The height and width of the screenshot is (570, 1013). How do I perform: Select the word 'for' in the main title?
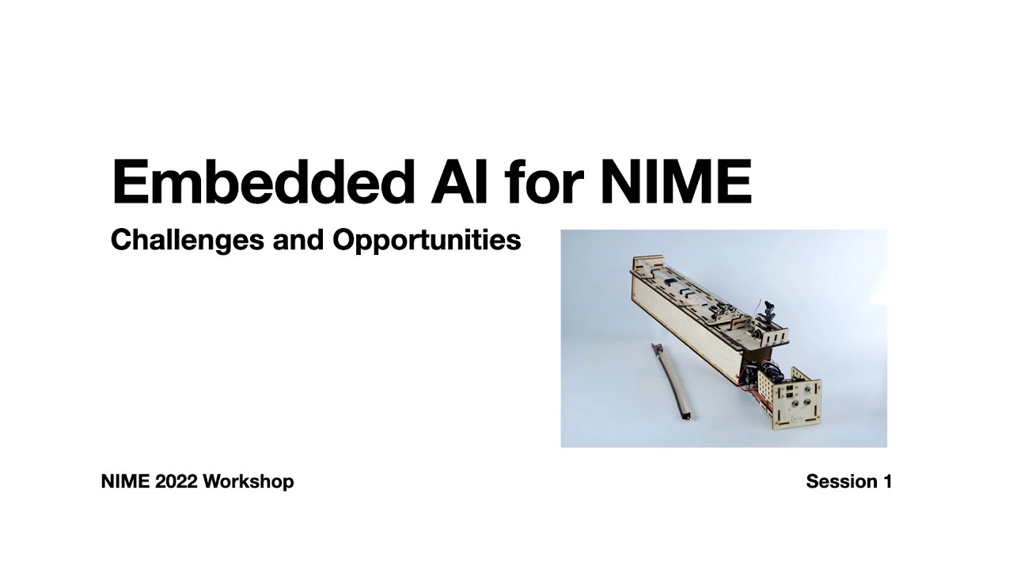(x=544, y=183)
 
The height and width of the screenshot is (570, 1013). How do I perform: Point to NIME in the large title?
(x=675, y=183)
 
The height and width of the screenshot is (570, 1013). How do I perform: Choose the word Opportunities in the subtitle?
(x=427, y=240)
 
